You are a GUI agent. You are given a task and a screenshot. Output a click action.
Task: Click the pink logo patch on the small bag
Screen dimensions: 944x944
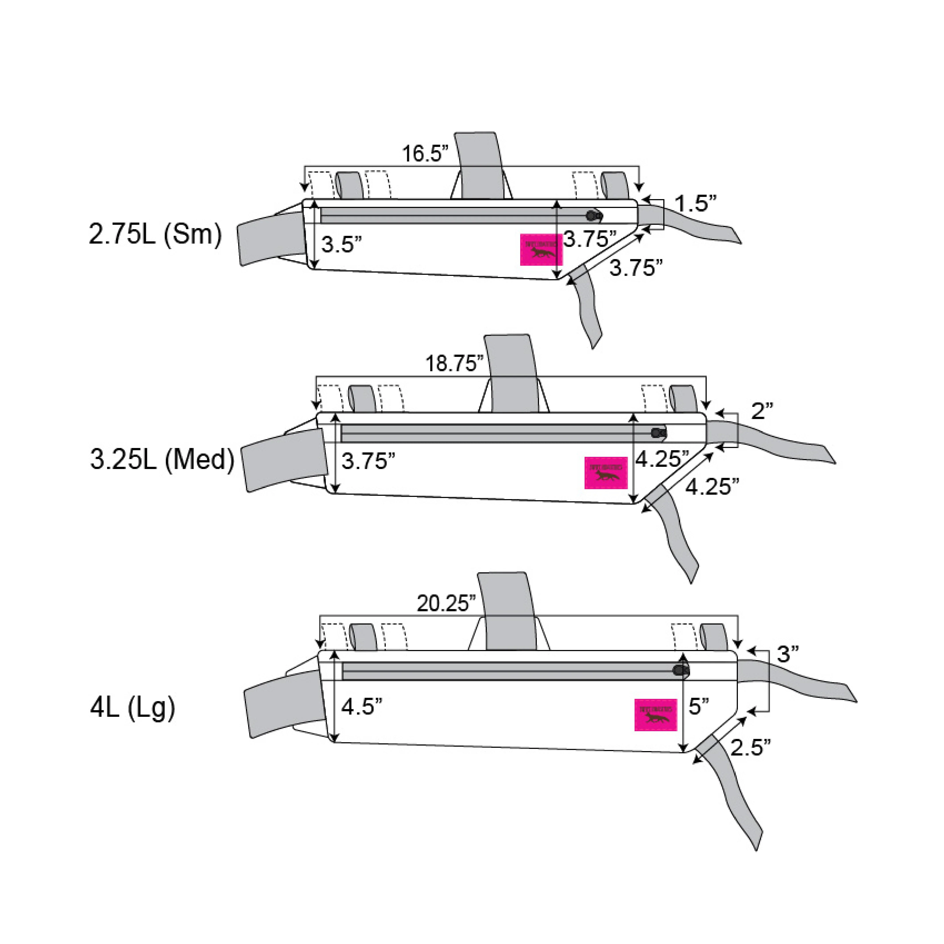coord(541,250)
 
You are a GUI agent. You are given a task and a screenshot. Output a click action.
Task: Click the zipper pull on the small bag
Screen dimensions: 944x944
coord(594,215)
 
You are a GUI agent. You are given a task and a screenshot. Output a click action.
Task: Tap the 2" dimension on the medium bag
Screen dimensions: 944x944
coord(762,411)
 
